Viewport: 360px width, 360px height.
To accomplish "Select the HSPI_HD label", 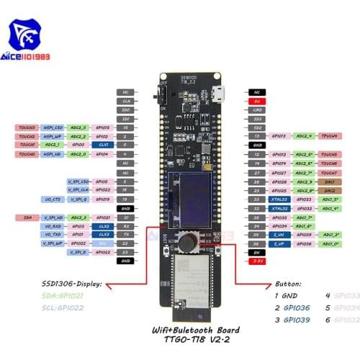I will (52, 154).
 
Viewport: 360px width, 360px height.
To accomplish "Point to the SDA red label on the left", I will (28, 216).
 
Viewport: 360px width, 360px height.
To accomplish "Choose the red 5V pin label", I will (256, 102).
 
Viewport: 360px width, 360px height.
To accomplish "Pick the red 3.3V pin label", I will (256, 261).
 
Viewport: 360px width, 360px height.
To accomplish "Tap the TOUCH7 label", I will (329, 173).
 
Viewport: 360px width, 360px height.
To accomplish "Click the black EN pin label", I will (256, 252).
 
